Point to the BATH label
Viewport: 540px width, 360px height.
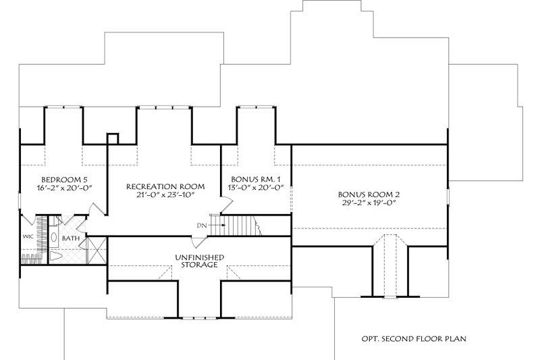coord(70,238)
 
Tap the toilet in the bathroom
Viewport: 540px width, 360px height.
coord(56,257)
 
